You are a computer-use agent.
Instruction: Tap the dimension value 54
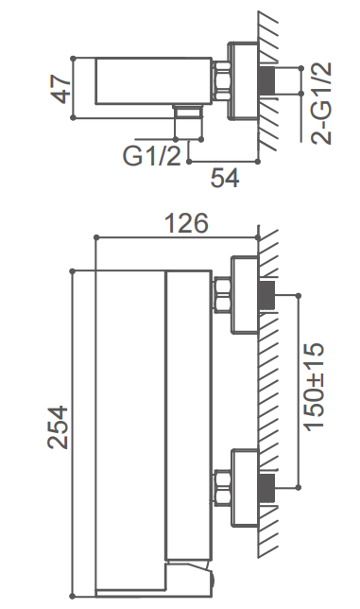pos(225,179)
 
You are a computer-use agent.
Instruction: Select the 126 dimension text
pos(186,223)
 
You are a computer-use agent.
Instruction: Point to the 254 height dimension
pos(58,427)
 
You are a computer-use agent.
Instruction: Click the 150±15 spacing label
pos(314,387)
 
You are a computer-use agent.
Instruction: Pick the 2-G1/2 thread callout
pos(321,103)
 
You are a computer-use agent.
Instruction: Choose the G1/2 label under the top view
pos(152,156)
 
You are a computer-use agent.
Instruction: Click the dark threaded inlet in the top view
pos(266,80)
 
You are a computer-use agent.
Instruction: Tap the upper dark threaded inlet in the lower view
pos(266,295)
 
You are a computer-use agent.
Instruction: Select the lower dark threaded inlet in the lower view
pos(266,487)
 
